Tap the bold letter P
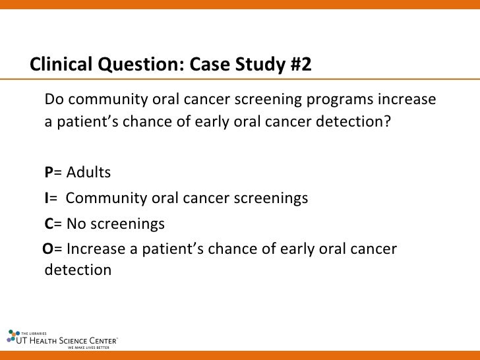(48, 173)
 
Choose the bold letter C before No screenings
(48, 224)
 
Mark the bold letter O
(47, 249)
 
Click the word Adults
(89, 173)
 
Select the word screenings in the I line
(271, 198)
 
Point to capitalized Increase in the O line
(92, 249)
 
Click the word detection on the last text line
(77, 270)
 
